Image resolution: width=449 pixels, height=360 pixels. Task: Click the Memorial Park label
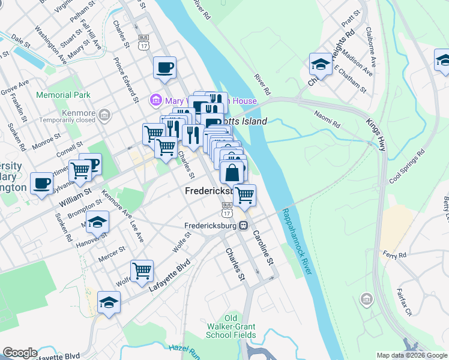pos(63,95)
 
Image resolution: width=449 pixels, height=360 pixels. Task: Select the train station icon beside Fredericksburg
pos(244,226)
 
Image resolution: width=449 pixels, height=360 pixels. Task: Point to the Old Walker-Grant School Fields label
pos(231,326)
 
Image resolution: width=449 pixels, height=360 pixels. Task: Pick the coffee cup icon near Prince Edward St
pos(164,67)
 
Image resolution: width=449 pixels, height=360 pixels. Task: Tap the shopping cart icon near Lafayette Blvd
pos(142,271)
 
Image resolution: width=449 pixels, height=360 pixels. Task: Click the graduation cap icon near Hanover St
pos(97,222)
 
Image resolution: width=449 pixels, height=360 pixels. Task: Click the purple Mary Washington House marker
pos(155,100)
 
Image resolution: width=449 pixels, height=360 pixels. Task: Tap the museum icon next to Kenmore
pos(104,113)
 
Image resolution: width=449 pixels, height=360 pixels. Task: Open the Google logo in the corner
pos(20,353)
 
